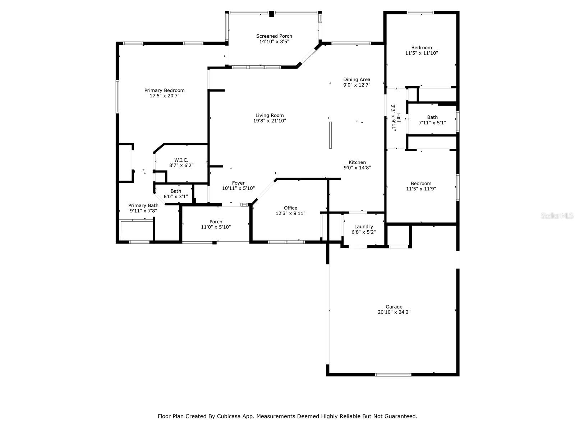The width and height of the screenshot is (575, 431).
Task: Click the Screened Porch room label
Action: click(274, 36)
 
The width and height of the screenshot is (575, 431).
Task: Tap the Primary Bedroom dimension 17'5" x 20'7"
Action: click(165, 96)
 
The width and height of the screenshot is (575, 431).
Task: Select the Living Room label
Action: click(270, 115)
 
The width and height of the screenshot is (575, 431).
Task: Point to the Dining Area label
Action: click(357, 79)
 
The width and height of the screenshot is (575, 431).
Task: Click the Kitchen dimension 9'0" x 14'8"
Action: click(357, 168)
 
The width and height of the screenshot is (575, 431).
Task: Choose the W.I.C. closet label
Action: click(181, 160)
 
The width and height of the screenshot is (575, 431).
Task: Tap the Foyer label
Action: click(238, 183)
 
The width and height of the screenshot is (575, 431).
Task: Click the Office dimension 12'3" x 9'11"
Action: click(290, 213)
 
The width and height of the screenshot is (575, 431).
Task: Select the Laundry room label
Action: click(364, 227)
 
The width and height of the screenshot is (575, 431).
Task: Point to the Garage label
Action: click(394, 307)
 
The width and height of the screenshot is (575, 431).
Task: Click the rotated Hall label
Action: click(399, 117)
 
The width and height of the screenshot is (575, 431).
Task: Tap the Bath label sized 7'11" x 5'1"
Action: click(432, 117)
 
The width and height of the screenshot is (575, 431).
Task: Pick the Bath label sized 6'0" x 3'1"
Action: click(176, 191)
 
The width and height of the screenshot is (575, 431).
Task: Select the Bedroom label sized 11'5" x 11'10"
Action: click(422, 48)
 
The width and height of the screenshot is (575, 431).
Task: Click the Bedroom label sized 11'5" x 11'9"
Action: click(421, 184)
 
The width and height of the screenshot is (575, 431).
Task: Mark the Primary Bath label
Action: click(143, 205)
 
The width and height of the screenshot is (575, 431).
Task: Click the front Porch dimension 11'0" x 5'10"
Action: click(216, 227)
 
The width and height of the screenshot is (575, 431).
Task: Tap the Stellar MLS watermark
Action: click(557, 215)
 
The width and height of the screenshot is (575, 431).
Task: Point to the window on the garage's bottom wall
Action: click(393, 375)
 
